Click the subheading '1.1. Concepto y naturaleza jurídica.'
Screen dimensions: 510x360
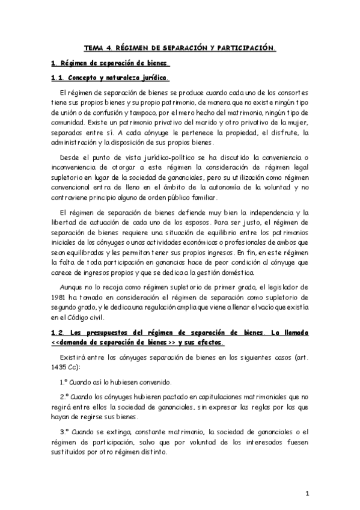pos(109,78)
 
